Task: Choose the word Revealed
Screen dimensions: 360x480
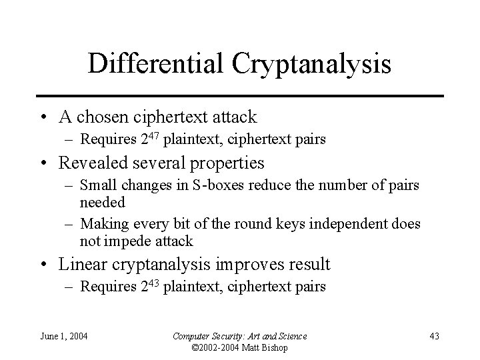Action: (x=91, y=163)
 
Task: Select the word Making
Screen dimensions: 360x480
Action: (x=101, y=223)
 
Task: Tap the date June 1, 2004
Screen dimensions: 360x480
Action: (x=65, y=335)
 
